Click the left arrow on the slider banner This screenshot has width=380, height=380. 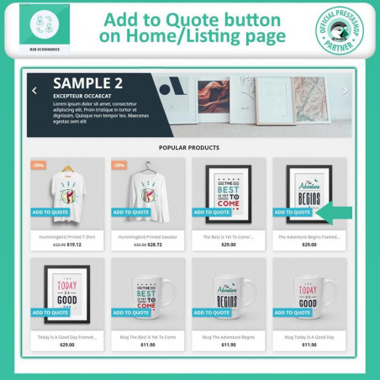click(34, 91)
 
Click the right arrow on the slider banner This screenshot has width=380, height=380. click(345, 91)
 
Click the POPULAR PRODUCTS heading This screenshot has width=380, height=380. click(189, 147)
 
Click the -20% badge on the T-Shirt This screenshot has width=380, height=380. click(39, 166)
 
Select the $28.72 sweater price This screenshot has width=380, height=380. click(156, 245)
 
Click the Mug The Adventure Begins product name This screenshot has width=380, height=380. click(229, 335)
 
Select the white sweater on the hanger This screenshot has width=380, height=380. click(148, 189)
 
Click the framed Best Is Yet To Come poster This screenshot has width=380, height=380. click(229, 189)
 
